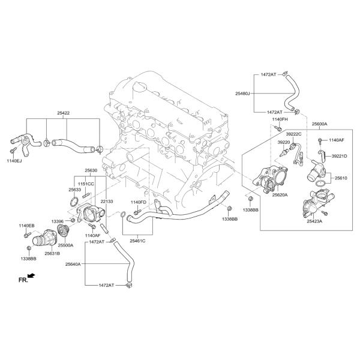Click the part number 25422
coord(64,113)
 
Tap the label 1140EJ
coord(14,161)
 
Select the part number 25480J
coord(242,94)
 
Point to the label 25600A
coord(319,124)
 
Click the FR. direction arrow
coord(31,275)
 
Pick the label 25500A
coord(65,245)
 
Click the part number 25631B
coord(52,253)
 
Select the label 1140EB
coord(26,226)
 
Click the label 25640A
coord(73,264)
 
